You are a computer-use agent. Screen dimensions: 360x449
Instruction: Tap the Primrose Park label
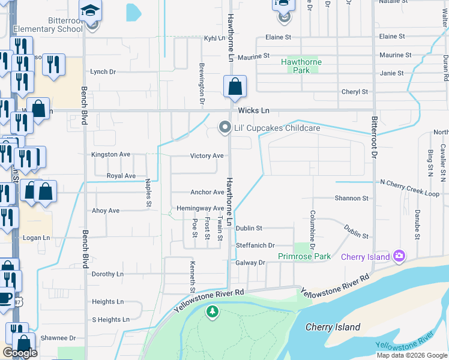pyautogui.click(x=304, y=256)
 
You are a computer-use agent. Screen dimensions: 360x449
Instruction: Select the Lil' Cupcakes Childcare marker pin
pyautogui.click(x=224, y=127)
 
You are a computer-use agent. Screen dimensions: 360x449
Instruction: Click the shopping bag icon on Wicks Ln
pyautogui.click(x=235, y=86)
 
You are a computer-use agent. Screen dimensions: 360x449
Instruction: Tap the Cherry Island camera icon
pyautogui.click(x=399, y=257)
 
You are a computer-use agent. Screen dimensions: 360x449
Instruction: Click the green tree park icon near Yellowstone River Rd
pyautogui.click(x=211, y=311)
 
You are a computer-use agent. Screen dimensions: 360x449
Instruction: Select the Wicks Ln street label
pyautogui.click(x=254, y=111)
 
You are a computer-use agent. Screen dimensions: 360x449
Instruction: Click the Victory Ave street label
pyautogui.click(x=206, y=156)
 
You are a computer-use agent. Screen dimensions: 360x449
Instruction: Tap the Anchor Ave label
pyautogui.click(x=207, y=193)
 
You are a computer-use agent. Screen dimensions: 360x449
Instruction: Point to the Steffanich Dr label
pyautogui.click(x=255, y=245)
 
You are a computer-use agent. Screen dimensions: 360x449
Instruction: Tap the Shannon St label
pyautogui.click(x=352, y=198)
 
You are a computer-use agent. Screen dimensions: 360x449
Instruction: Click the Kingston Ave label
pyautogui.click(x=110, y=154)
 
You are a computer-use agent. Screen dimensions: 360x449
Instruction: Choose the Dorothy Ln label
pyautogui.click(x=107, y=274)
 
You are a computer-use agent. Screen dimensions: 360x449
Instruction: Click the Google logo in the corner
pyautogui.click(x=20, y=353)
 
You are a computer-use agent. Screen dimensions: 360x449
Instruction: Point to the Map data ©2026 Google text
pyautogui.click(x=411, y=355)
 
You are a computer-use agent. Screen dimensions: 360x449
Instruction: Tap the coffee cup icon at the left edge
pyautogui.click(x=5, y=298)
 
